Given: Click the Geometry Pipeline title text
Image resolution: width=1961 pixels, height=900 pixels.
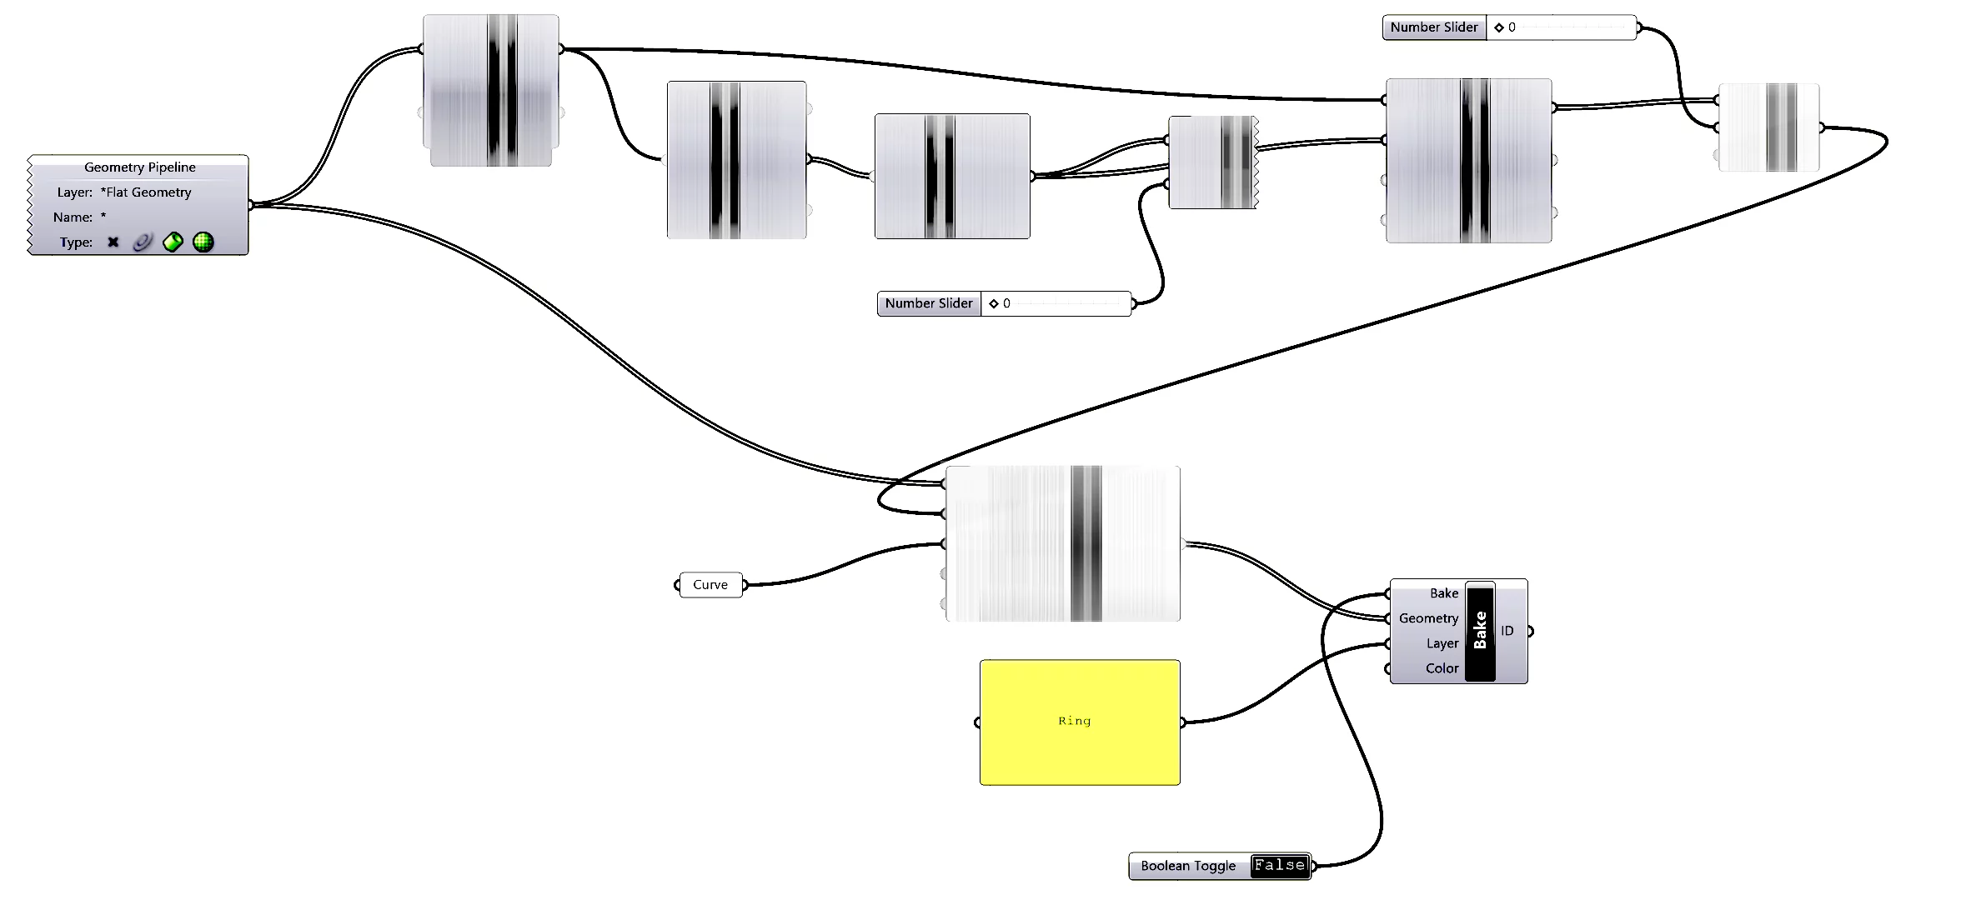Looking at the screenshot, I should click(x=140, y=167).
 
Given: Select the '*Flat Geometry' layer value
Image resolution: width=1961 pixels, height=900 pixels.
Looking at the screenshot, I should click(x=146, y=192).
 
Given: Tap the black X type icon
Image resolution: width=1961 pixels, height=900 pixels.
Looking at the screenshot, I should click(x=113, y=242).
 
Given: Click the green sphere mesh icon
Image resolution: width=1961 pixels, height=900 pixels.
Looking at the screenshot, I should click(x=203, y=242).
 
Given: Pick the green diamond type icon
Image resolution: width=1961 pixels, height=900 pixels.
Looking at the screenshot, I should click(x=173, y=242).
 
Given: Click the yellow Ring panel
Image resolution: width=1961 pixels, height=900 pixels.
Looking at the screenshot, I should click(x=1080, y=722).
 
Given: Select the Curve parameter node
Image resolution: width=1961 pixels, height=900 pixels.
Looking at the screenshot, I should click(x=710, y=585).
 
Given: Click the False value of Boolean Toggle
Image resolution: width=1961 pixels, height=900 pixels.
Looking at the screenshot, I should click(x=1280, y=866).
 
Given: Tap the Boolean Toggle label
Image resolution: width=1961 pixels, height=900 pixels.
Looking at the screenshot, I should click(x=1188, y=866).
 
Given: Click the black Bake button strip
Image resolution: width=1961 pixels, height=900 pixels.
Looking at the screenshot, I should click(x=1480, y=632).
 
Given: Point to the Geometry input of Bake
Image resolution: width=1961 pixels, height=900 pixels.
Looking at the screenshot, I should click(x=1428, y=618).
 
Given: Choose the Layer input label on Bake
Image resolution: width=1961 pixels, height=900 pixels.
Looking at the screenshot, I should click(x=1442, y=643).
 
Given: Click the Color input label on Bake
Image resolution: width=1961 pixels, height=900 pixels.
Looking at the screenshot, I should click(x=1442, y=668).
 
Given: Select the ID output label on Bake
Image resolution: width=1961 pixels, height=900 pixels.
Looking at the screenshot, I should click(x=1507, y=631).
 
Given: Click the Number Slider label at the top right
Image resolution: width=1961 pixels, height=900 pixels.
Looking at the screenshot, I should click(x=1434, y=27).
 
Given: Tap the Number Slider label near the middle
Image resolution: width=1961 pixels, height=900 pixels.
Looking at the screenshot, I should click(x=929, y=303).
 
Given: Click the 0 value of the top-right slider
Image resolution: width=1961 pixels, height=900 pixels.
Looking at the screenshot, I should click(x=1512, y=27).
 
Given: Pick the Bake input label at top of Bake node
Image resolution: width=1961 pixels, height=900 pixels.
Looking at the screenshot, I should click(x=1444, y=593).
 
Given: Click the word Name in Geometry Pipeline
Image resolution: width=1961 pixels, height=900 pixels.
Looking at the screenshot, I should click(x=73, y=217).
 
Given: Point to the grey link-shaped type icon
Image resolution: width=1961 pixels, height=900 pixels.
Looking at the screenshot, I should click(x=143, y=242).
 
